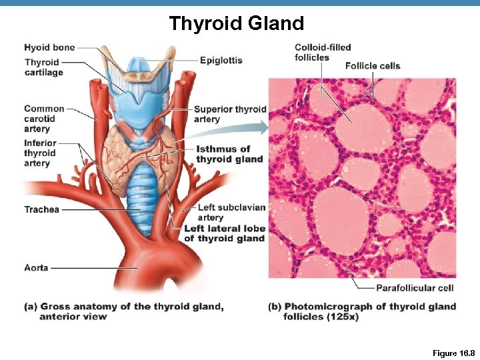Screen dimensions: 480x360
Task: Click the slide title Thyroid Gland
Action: pos(236,24)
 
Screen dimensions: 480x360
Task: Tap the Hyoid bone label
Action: pos(49,47)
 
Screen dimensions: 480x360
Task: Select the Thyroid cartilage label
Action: pos(43,67)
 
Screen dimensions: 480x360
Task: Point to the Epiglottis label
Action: pos(221,60)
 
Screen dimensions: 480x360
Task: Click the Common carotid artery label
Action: pos(44,119)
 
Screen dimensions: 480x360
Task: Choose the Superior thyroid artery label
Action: pos(229,114)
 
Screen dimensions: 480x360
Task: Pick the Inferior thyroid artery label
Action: pos(40,153)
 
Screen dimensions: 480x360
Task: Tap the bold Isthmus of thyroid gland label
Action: pos(229,154)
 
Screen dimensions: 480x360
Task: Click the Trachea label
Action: pos(41,209)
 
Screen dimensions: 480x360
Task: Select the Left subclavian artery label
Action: pos(231,212)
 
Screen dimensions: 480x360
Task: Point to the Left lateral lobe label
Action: pos(224,233)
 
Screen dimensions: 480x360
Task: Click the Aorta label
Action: pos(36,267)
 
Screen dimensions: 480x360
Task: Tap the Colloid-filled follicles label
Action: pos(323,52)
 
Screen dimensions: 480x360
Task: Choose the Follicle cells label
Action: pos(373,65)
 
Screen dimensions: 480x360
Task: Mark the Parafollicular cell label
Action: pos(415,288)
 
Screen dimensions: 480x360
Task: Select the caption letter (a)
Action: pos(30,307)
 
